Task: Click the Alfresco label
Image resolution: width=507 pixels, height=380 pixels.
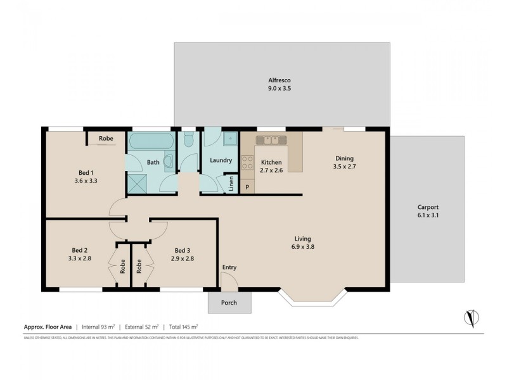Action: click(279, 80)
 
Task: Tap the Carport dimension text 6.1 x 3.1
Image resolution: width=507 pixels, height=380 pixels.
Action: click(428, 215)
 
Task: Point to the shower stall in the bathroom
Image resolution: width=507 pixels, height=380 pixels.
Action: click(136, 183)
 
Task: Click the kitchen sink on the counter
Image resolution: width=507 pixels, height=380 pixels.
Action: click(271, 139)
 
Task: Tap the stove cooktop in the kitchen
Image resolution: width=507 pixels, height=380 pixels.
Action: click(247, 162)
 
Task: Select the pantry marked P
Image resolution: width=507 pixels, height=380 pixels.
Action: click(247, 187)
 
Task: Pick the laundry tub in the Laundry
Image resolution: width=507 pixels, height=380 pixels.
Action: click(229, 138)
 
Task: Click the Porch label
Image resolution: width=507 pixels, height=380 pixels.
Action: click(229, 303)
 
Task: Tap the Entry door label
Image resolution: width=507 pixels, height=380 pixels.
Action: click(229, 267)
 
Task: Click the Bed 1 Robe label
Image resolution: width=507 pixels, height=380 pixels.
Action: click(106, 137)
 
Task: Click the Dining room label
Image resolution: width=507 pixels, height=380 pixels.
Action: click(344, 158)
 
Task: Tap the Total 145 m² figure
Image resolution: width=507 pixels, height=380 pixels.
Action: click(183, 327)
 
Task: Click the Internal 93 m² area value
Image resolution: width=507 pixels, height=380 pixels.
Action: click(101, 327)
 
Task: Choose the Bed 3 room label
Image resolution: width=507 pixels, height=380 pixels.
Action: click(183, 250)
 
